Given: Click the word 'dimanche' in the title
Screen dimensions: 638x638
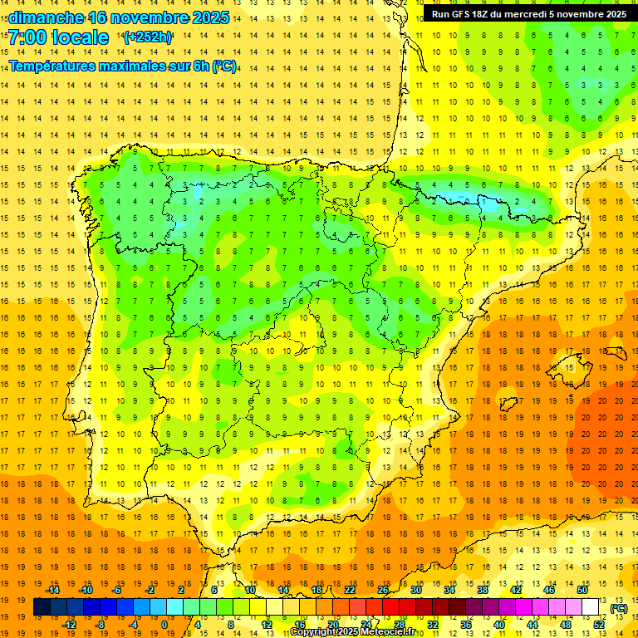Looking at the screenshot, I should [46, 17].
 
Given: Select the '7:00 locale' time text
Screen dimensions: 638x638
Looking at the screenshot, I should [58, 37].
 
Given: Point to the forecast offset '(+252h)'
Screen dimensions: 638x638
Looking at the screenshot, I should [148, 37].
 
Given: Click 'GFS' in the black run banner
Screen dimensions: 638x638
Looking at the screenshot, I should [463, 14].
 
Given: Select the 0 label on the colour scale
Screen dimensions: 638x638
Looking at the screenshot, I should [164, 624].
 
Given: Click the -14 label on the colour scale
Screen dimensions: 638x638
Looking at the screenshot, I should [53, 590].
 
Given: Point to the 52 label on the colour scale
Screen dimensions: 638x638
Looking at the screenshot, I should [599, 624].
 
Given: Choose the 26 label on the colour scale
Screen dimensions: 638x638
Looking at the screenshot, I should [383, 590].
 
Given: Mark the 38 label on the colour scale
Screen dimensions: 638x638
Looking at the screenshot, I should [482, 590].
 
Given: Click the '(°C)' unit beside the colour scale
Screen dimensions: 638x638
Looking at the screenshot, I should [619, 608].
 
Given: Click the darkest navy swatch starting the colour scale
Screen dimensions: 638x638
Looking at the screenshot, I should [42, 607].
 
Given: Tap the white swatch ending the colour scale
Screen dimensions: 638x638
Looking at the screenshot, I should [591, 607].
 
